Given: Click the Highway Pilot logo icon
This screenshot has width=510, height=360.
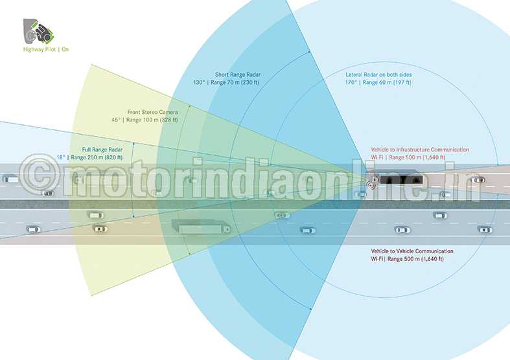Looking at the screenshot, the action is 38,32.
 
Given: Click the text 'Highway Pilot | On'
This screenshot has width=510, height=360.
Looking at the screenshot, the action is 46,49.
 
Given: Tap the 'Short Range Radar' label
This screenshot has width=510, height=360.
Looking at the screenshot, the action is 238,74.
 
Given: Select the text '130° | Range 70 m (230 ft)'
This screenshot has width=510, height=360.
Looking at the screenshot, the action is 226,82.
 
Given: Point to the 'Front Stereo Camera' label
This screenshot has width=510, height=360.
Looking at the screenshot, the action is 152,112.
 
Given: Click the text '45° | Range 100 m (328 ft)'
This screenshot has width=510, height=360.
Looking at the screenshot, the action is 145,120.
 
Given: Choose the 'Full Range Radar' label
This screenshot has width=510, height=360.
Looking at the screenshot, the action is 102,150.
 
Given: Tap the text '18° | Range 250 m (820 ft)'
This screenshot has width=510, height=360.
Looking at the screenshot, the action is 90,157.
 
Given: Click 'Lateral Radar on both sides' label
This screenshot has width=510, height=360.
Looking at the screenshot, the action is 378,74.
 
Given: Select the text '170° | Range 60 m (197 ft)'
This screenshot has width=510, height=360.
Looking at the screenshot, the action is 378,82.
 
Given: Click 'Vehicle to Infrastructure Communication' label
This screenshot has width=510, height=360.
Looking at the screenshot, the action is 420,150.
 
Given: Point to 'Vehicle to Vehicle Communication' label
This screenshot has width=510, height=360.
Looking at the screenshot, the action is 412,251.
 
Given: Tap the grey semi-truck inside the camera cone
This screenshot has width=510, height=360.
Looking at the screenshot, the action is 201,227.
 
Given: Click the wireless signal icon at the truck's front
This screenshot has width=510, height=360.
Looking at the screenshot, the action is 372,183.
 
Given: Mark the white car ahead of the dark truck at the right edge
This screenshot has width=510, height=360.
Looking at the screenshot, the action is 478,179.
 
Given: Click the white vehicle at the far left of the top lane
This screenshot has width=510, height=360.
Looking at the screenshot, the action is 11,179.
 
